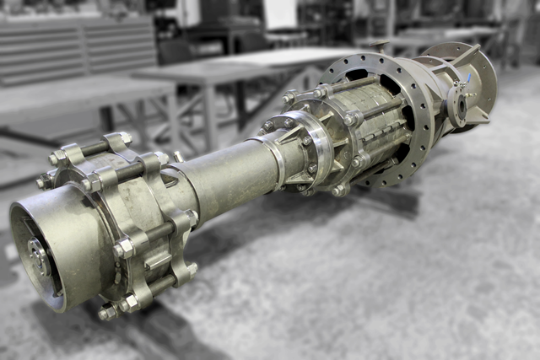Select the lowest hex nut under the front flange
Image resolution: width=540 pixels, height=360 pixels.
107,313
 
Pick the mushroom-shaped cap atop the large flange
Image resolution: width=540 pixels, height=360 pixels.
381,46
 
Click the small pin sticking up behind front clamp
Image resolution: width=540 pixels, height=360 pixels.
178,156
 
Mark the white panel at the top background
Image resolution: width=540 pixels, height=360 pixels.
279,13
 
